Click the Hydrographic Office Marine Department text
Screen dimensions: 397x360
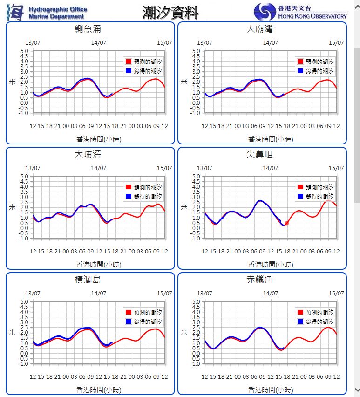click(x=57, y=13)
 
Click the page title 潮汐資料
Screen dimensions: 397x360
click(x=170, y=13)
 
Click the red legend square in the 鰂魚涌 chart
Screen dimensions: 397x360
click(x=129, y=62)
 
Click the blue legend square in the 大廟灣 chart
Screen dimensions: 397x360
click(x=300, y=71)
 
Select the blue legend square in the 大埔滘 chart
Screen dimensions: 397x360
click(x=129, y=197)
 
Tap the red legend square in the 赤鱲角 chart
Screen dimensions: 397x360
click(x=300, y=312)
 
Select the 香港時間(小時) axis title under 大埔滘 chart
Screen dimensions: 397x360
click(x=99, y=265)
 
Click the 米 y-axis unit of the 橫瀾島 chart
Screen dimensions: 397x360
click(x=13, y=332)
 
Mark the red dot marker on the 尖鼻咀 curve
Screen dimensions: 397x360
click(x=286, y=223)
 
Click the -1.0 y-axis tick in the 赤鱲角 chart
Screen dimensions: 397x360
click(x=196, y=363)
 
